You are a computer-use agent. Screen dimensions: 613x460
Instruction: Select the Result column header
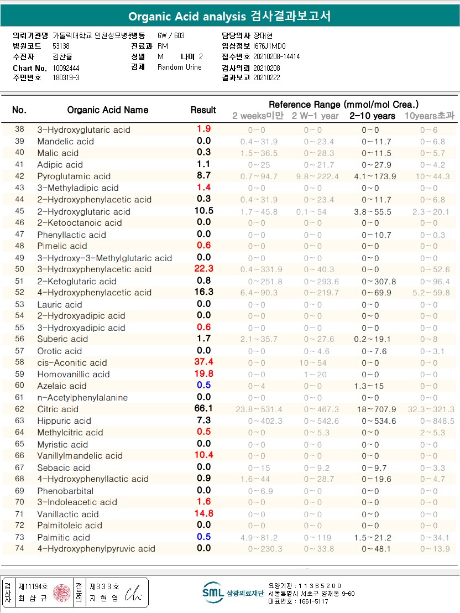pyautogui.click(x=203, y=110)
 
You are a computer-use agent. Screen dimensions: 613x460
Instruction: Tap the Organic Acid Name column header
pyautogui.click(x=108, y=110)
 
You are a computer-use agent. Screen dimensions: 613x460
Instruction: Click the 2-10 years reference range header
pyautogui.click(x=372, y=116)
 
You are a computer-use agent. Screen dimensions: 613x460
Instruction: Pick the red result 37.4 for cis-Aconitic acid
pyautogui.click(x=203, y=362)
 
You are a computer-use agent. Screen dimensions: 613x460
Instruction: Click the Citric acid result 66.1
pyautogui.click(x=203, y=408)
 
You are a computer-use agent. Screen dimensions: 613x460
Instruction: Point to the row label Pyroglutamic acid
pyautogui.click(x=74, y=176)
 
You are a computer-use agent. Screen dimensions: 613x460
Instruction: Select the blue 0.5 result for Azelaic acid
pyautogui.click(x=203, y=385)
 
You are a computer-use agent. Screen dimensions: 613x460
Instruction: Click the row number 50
pyautogui.click(x=19, y=269)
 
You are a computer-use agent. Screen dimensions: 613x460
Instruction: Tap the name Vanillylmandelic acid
pyautogui.click(x=80, y=455)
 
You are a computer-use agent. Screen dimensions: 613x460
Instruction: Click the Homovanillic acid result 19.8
pyautogui.click(x=203, y=373)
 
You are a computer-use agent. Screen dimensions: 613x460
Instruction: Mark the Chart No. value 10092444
pyautogui.click(x=66, y=67)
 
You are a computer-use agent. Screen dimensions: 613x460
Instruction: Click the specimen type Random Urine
pyautogui.click(x=180, y=67)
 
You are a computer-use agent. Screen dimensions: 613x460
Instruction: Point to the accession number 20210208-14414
pyautogui.click(x=276, y=56)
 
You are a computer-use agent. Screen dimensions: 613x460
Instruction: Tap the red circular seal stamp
pyautogui.click(x=61, y=593)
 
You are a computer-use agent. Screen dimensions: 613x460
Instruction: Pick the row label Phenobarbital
pyautogui.click(x=65, y=491)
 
